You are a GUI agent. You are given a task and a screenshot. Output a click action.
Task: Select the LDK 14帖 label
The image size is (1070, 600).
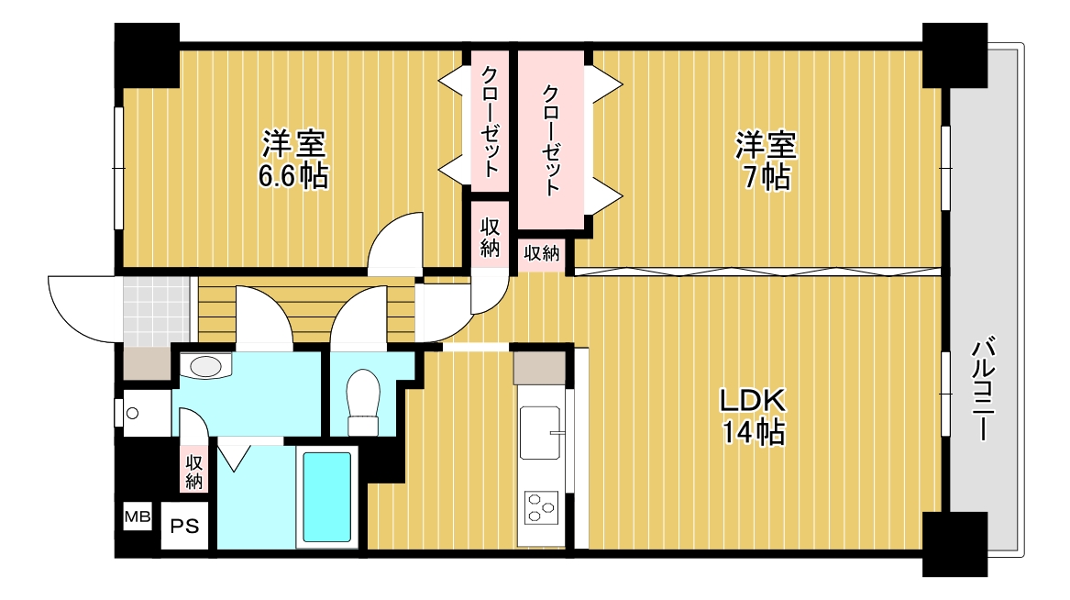pyautogui.click(x=751, y=417)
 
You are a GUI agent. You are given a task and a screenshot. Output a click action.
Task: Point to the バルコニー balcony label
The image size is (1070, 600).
pyautogui.click(x=985, y=390)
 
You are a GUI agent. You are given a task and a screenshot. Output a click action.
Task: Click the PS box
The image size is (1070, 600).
pyautogui.click(x=185, y=527)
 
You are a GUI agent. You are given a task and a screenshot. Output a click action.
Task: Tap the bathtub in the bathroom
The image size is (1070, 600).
pyautogui.click(x=327, y=496)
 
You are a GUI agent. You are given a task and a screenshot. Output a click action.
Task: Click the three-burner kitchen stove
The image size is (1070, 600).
pyautogui.click(x=542, y=505)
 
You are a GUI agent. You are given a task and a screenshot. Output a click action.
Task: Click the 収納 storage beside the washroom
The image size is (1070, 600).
pyautogui.click(x=194, y=471)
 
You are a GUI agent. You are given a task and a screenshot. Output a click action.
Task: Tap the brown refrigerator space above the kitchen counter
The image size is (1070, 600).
pyautogui.click(x=539, y=369)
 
